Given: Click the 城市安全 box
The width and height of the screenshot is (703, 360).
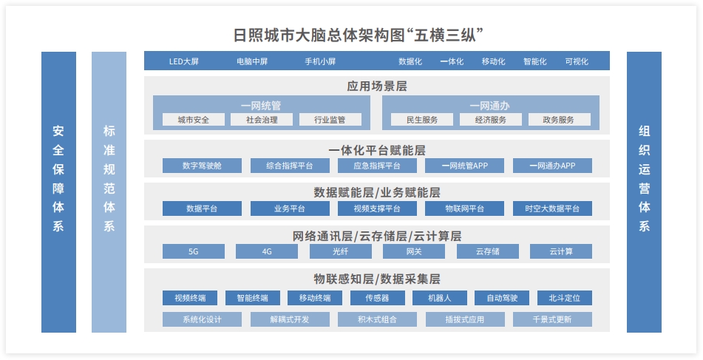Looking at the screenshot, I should click(x=193, y=120).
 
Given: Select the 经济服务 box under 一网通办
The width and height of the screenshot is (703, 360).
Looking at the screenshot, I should click(x=491, y=120).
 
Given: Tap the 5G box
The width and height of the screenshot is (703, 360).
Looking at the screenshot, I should click(x=193, y=251).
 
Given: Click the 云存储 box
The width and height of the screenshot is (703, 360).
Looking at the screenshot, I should click(x=488, y=251).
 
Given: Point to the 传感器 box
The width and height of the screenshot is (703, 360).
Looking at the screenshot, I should click(x=377, y=298).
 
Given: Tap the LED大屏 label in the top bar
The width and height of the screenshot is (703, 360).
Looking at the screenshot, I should click(x=183, y=61).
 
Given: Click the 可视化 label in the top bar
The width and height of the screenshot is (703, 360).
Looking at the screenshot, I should click(x=577, y=61).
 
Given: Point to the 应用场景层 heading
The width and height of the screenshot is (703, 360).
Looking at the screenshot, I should click(x=377, y=86).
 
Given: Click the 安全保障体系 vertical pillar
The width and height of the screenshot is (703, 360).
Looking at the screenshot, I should click(x=58, y=192).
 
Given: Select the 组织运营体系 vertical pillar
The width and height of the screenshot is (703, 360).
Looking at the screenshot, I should click(x=644, y=192).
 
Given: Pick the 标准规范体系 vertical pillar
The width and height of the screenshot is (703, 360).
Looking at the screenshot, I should click(x=109, y=192).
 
